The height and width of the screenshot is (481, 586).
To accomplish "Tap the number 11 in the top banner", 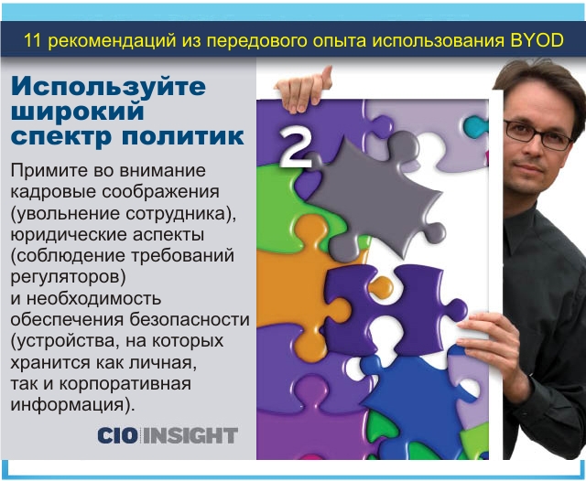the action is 33,40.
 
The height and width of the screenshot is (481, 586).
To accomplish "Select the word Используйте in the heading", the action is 108,87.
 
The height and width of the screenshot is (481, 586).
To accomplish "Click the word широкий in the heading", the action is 78,111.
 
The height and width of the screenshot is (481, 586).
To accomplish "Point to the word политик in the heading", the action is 183,136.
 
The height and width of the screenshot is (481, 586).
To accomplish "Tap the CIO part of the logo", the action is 117,435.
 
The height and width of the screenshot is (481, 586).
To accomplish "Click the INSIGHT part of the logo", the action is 190,435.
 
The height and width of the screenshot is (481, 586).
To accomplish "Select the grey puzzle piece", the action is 377,197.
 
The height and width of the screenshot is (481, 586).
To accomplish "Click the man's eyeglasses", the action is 538,134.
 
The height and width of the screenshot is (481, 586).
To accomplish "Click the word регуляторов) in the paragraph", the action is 68,277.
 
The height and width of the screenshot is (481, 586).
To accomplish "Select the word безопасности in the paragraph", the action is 190,319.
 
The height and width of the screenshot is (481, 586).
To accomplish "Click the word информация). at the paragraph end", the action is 72,405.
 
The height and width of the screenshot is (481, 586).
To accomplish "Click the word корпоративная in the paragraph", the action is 125,384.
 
